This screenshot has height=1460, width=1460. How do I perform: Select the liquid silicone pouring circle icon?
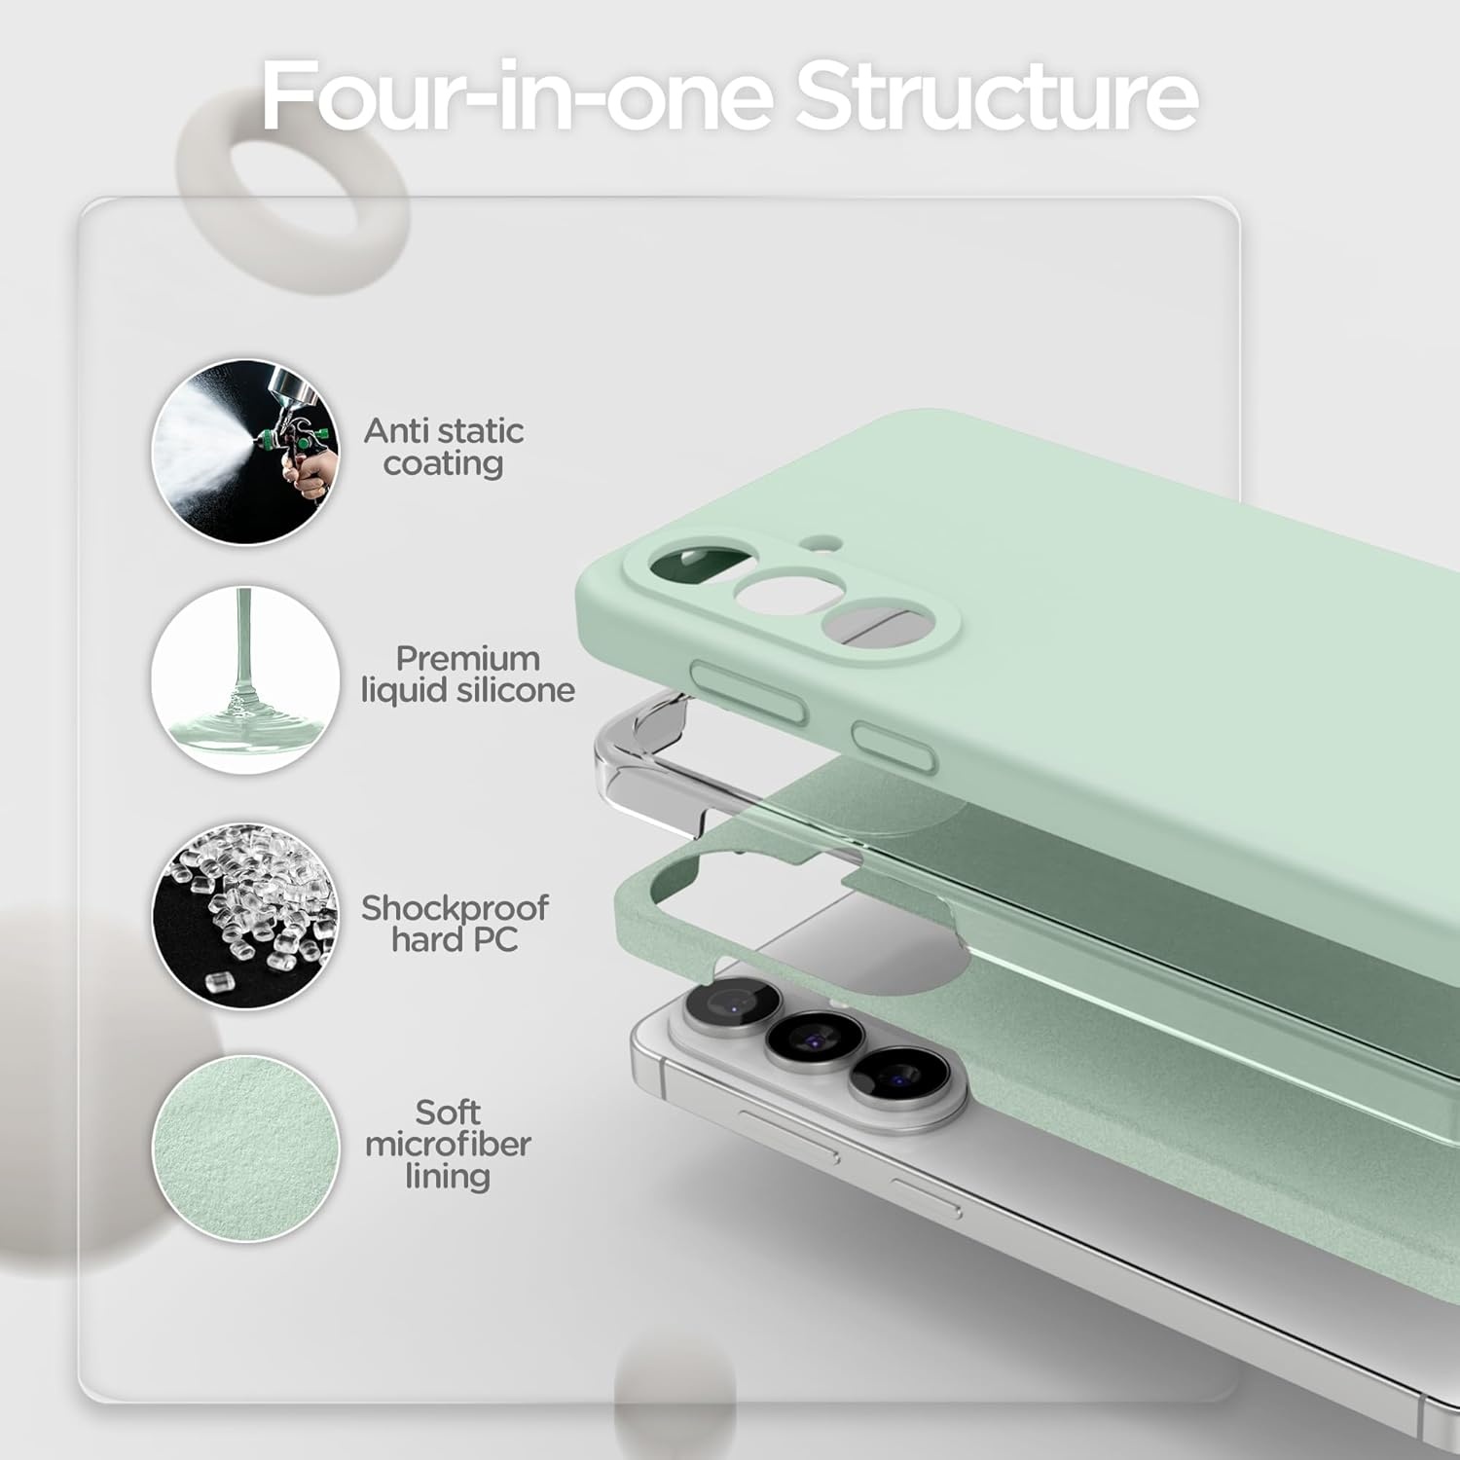pyautogui.click(x=245, y=679)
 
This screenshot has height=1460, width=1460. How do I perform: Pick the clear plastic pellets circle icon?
pyautogui.click(x=245, y=915)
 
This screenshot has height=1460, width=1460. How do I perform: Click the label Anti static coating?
pyautogui.click(x=444, y=447)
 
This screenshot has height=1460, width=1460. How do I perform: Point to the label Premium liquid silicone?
pyautogui.click(x=467, y=675)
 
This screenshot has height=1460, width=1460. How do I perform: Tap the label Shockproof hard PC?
pyautogui.click(x=455, y=924)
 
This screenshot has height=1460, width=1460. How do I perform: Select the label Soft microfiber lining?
pyautogui.click(x=448, y=1145)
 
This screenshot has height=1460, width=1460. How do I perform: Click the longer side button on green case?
pyautogui.click(x=748, y=691)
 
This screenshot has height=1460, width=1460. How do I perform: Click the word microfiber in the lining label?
pyautogui.click(x=448, y=1145)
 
